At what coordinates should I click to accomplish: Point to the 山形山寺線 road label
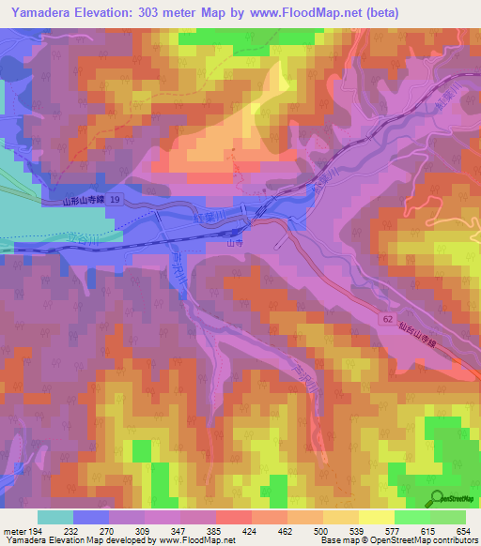point(81,201)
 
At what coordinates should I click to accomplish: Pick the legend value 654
point(463,531)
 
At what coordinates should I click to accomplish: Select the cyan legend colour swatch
point(55,517)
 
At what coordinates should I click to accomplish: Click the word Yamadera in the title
point(37,12)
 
